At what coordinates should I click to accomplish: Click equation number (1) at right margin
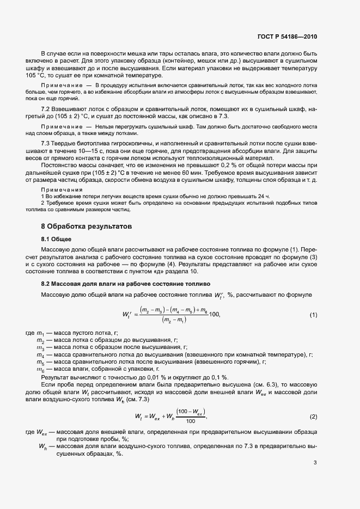314,315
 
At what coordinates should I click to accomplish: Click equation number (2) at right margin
314,416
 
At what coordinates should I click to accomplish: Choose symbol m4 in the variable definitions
40,354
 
